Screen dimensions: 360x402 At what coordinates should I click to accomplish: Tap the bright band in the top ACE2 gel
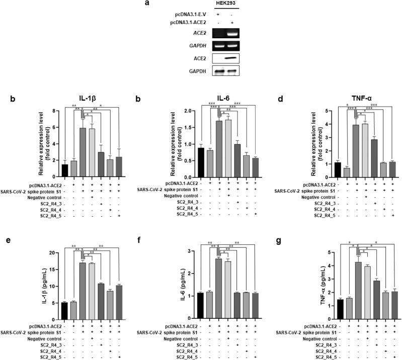coord(232,35)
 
